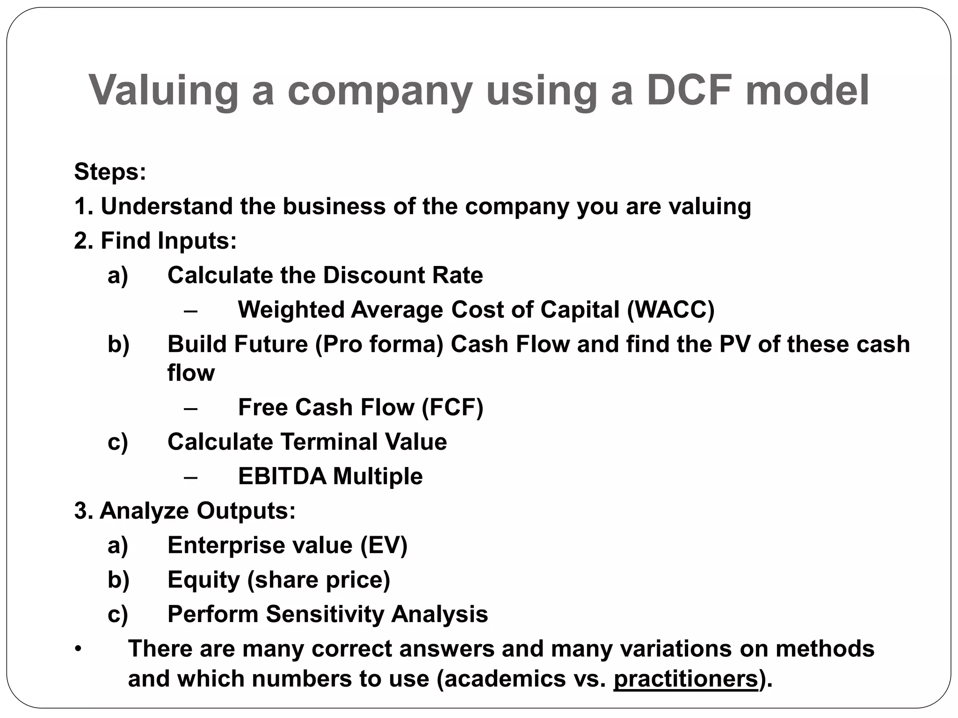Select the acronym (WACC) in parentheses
pyautogui.click(x=671, y=309)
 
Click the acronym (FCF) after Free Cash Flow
pyautogui.click(x=452, y=407)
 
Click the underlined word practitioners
pyautogui.click(x=685, y=679)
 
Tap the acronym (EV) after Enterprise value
pyautogui.click(x=384, y=546)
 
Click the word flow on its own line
pyautogui.click(x=191, y=373)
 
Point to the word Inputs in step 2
pyautogui.click(x=197, y=241)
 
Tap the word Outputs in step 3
pyautogui.click(x=246, y=511)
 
